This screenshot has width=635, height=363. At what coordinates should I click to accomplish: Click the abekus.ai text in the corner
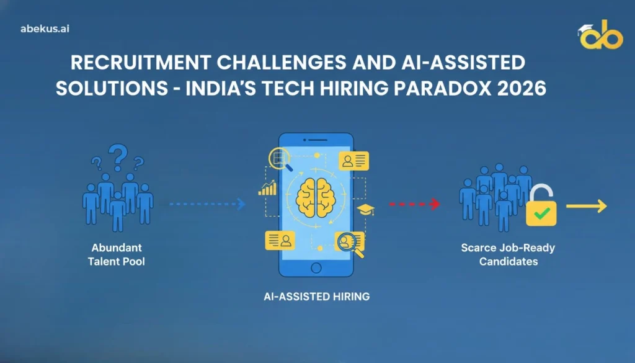[44, 29]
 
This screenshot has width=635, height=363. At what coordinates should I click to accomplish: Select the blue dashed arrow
[207, 203]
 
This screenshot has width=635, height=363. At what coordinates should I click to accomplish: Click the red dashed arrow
[414, 204]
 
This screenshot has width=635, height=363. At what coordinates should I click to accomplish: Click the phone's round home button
[317, 268]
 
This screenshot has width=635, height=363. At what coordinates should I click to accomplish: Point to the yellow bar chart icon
[267, 187]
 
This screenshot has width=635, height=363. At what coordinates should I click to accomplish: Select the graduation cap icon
[367, 209]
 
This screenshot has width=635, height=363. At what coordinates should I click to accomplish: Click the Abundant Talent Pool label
[117, 254]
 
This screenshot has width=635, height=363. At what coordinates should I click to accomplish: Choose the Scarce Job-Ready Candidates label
[508, 254]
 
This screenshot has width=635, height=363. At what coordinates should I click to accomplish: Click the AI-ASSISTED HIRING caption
[316, 297]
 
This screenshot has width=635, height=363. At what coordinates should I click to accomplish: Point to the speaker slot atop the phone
[317, 140]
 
